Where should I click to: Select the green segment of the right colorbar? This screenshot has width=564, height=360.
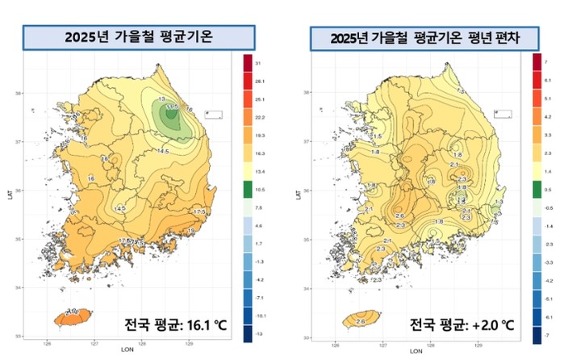[x=536, y=188]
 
